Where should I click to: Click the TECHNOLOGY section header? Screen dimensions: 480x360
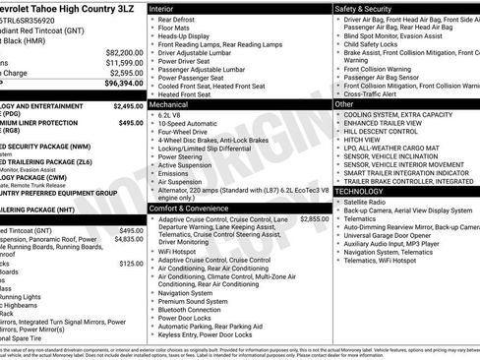[x=361, y=191]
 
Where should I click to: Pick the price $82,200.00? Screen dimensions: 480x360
[x=124, y=51]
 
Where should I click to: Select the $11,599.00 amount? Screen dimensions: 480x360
[x=124, y=62]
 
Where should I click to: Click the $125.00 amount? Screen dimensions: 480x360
[x=132, y=264]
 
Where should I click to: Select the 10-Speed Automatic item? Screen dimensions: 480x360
[x=186, y=124]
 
